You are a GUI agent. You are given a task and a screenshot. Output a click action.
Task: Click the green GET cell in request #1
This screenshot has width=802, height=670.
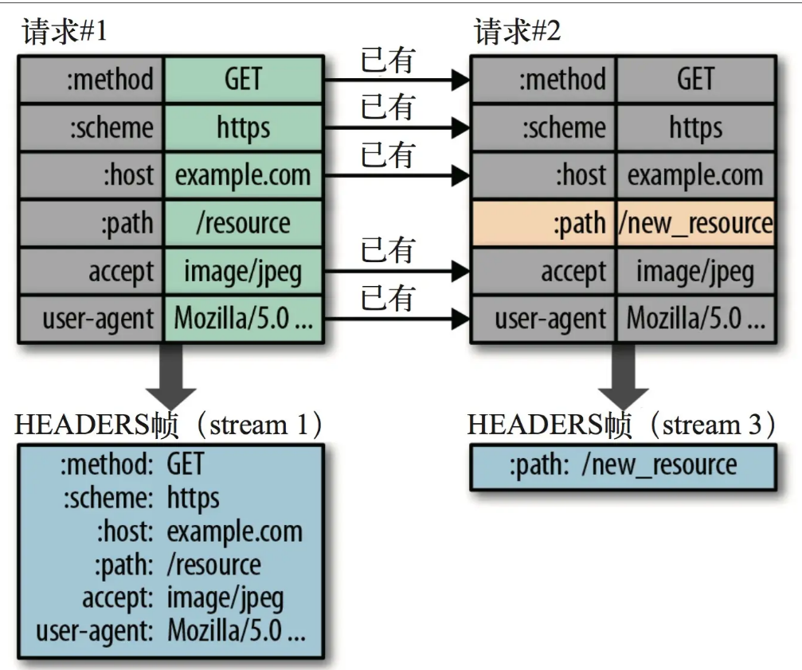(x=243, y=80)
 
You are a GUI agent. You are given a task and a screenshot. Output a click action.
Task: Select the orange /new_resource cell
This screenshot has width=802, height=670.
(x=695, y=224)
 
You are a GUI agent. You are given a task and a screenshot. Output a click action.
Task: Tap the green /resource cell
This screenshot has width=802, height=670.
(x=243, y=224)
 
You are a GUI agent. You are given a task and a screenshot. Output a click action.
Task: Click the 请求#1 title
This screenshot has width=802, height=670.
(x=65, y=33)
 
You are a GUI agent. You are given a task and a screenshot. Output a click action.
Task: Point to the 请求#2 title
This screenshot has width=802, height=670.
(x=518, y=33)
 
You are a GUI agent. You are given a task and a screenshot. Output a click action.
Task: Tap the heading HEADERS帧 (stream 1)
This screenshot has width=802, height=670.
(x=170, y=425)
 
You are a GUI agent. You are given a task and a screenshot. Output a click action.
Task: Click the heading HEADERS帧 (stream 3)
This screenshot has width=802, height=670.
(x=622, y=425)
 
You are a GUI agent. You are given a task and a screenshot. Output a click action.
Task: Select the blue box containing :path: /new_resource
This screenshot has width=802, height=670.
(x=623, y=467)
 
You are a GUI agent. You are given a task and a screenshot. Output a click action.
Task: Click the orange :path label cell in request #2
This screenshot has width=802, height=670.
(x=544, y=224)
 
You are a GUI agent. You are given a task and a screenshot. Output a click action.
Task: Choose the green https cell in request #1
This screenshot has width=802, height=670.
(x=243, y=127)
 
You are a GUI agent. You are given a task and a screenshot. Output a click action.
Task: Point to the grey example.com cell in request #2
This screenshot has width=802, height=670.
(x=695, y=176)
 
